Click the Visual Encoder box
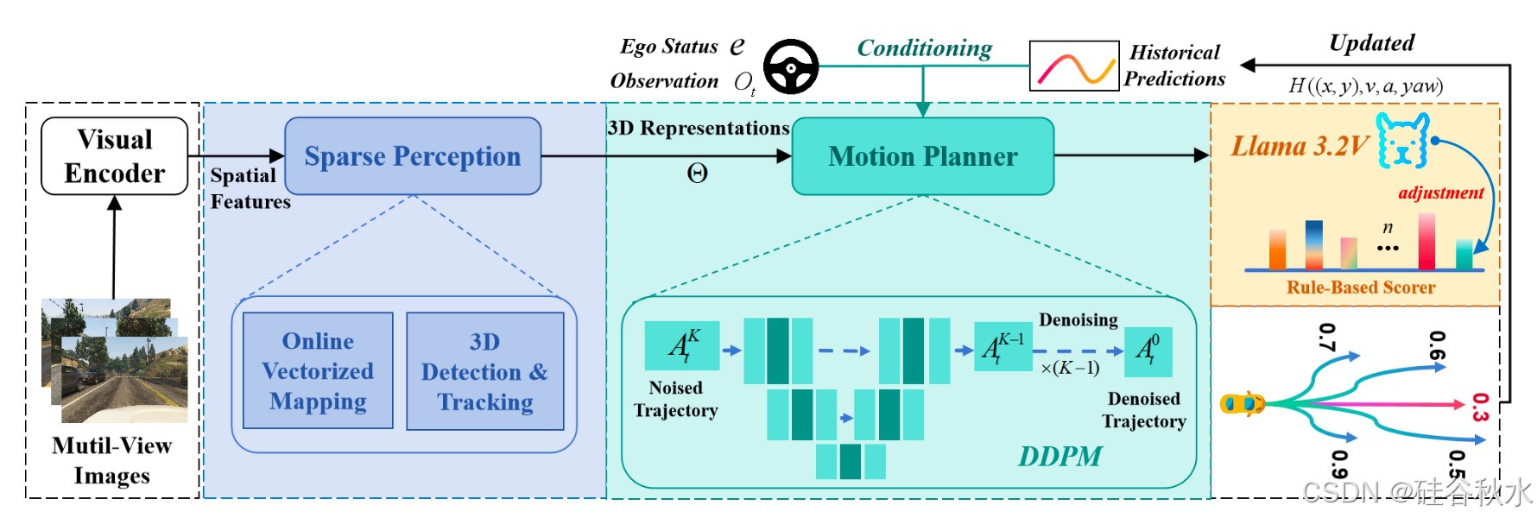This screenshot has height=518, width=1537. [115, 156]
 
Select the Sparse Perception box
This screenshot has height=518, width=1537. [413, 156]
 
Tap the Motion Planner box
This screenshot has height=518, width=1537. [922, 156]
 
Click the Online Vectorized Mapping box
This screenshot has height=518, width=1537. [318, 371]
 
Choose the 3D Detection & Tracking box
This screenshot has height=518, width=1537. [484, 371]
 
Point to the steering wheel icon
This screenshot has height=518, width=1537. [791, 66]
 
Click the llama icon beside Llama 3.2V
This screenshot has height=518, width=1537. [1402, 140]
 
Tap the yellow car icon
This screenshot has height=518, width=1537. [1242, 403]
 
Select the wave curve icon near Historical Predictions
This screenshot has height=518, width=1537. [1074, 66]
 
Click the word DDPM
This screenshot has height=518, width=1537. [1059, 456]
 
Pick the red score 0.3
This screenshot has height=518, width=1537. [1480, 407]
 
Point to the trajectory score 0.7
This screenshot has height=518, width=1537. [1327, 338]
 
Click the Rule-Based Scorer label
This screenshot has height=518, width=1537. [1361, 287]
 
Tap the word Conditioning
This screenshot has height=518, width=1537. [924, 48]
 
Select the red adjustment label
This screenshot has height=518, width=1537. [1440, 193]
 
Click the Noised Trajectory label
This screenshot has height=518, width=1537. [675, 399]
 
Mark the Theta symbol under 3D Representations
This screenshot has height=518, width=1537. [697, 174]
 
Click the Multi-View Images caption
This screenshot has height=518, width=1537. [112, 460]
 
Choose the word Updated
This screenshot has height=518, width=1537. [1371, 43]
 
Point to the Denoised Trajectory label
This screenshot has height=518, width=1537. [1143, 410]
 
